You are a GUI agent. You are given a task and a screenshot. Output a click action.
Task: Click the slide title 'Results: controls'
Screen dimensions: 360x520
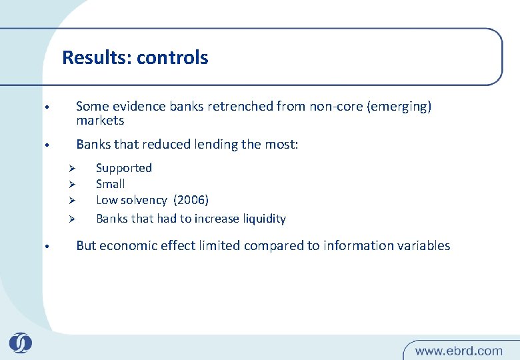click(135, 58)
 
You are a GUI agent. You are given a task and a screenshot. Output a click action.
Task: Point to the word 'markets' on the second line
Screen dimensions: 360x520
click(100, 121)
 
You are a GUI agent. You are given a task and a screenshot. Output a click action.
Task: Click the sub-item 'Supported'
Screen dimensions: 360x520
click(124, 168)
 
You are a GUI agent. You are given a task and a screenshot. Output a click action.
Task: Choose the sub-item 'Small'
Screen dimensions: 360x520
click(110, 184)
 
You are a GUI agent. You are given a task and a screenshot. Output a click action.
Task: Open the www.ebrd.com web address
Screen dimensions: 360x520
click(459, 350)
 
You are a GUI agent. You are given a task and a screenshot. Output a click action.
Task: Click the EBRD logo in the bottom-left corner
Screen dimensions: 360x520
click(20, 343)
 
